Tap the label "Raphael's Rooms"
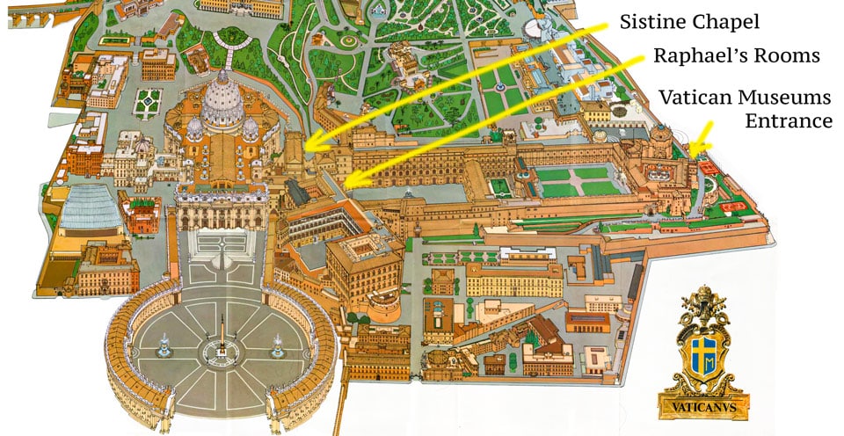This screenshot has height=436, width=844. [x=736, y=56]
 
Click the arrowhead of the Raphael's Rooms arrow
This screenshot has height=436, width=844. [x=346, y=184]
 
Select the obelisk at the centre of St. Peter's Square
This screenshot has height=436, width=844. [x=222, y=338]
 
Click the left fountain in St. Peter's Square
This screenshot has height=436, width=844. [x=164, y=345]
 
